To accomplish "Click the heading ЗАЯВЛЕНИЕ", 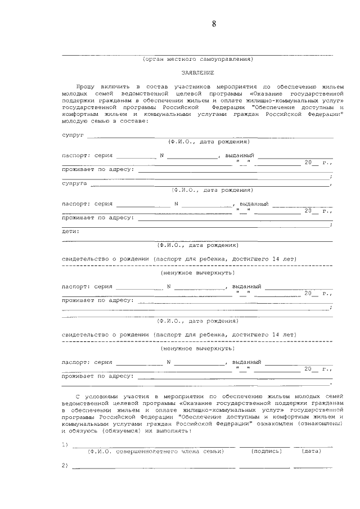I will (x=197, y=73).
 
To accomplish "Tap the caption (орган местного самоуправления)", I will (x=197, y=58).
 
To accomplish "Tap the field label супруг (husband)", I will (x=73, y=136).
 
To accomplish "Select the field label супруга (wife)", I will (x=74, y=183).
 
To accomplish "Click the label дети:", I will (x=70, y=231).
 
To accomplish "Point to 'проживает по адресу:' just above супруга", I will (x=97, y=169).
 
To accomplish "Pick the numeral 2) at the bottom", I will (x=65, y=465).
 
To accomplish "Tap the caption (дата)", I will (x=311, y=451).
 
